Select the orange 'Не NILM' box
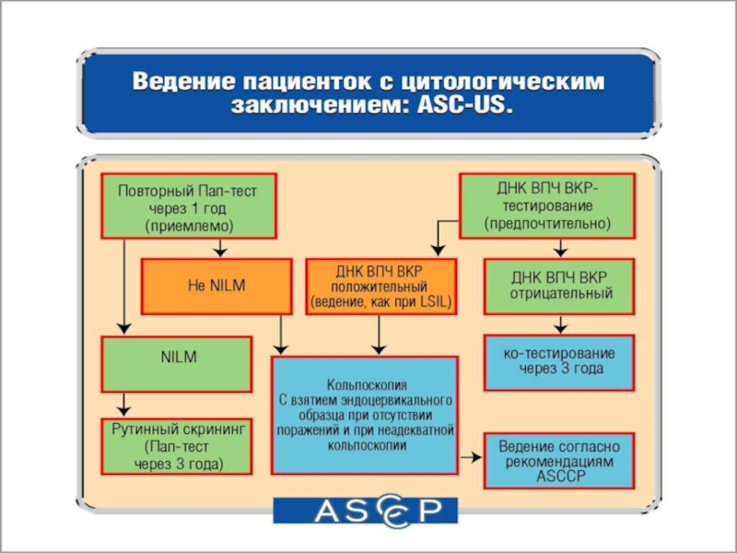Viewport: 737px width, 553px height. pos(212,286)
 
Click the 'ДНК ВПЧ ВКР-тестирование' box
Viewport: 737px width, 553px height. pos(546,205)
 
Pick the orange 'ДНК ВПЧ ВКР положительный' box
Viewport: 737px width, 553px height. pos(381,286)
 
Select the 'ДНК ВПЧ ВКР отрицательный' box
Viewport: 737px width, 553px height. pos(559,286)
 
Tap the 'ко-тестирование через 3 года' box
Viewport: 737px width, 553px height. pos(559,360)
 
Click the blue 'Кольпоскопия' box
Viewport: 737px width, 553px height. pos(365,414)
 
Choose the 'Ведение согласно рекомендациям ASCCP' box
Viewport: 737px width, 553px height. pos(559,459)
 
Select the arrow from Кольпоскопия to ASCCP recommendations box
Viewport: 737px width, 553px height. pos(471,457)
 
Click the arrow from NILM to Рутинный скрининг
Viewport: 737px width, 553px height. pos(124,404)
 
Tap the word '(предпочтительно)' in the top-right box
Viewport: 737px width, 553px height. pos(546,224)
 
